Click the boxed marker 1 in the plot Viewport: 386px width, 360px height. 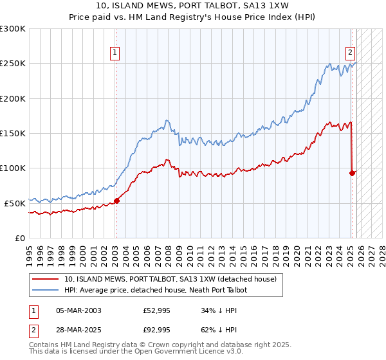[115, 53]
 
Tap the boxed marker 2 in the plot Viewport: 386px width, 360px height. [351, 53]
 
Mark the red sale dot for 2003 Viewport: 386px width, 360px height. [116, 201]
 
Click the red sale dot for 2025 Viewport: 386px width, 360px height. [352, 173]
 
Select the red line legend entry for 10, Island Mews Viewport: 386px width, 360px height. [170, 279]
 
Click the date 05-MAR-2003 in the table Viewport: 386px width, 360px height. [78, 310]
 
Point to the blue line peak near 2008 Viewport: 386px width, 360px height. [167, 120]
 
